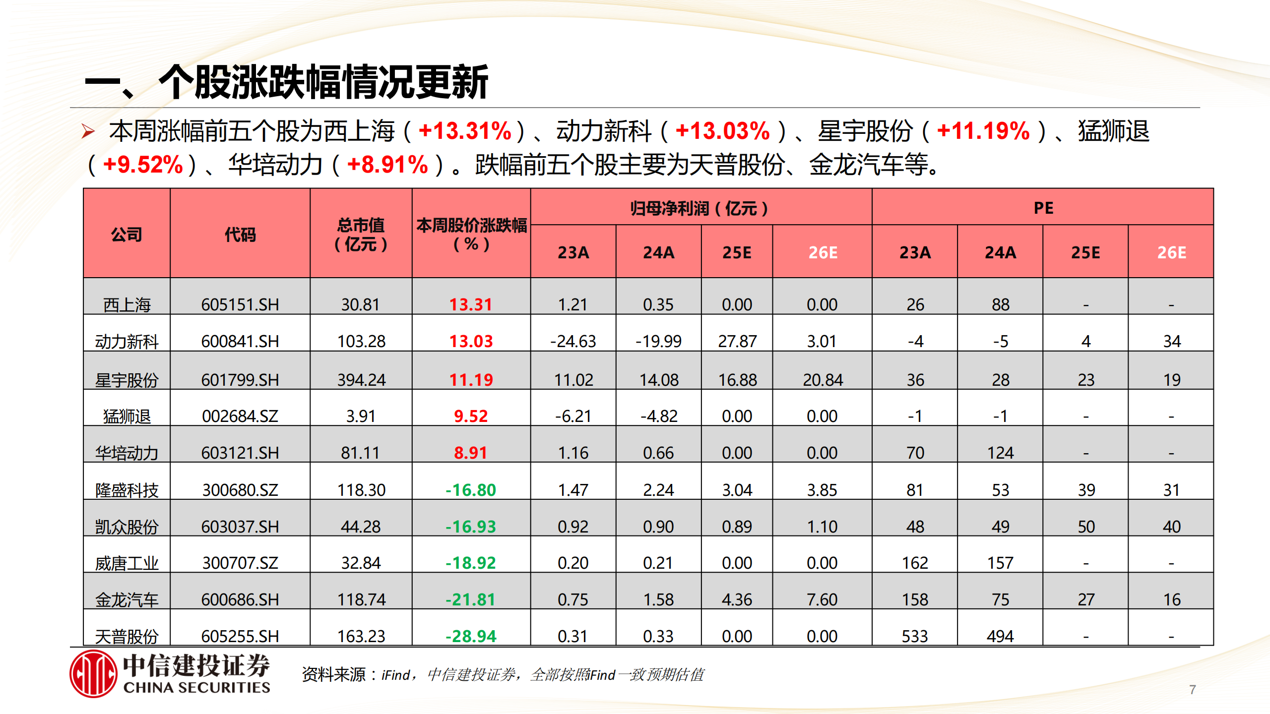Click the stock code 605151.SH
240,304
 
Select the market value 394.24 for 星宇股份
361,380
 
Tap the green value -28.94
471,636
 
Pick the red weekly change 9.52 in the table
471,416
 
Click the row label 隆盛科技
127,490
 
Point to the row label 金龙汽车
127,600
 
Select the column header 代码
240,234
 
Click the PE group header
1043,208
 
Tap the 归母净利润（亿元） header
699,208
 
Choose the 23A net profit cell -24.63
573,341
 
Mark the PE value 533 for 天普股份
915,636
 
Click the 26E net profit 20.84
823,380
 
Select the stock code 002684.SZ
240,416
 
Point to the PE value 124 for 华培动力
1000,453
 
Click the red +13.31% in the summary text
465,131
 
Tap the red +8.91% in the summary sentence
387,165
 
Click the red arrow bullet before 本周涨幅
88,131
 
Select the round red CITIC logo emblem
93,674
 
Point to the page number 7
1193,690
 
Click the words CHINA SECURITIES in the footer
196,688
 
